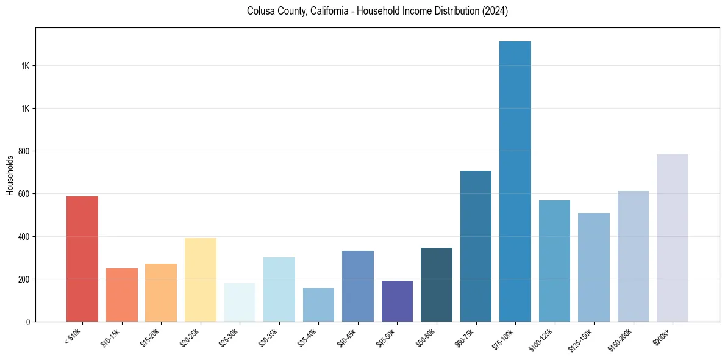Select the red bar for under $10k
point(82,259)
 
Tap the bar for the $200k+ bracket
point(673,238)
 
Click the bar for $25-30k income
point(240,302)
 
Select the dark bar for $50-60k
point(437,284)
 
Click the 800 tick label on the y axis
point(24,151)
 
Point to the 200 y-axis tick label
point(24,279)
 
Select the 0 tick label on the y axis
point(28,322)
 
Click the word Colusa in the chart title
point(260,11)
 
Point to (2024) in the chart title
point(496,11)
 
